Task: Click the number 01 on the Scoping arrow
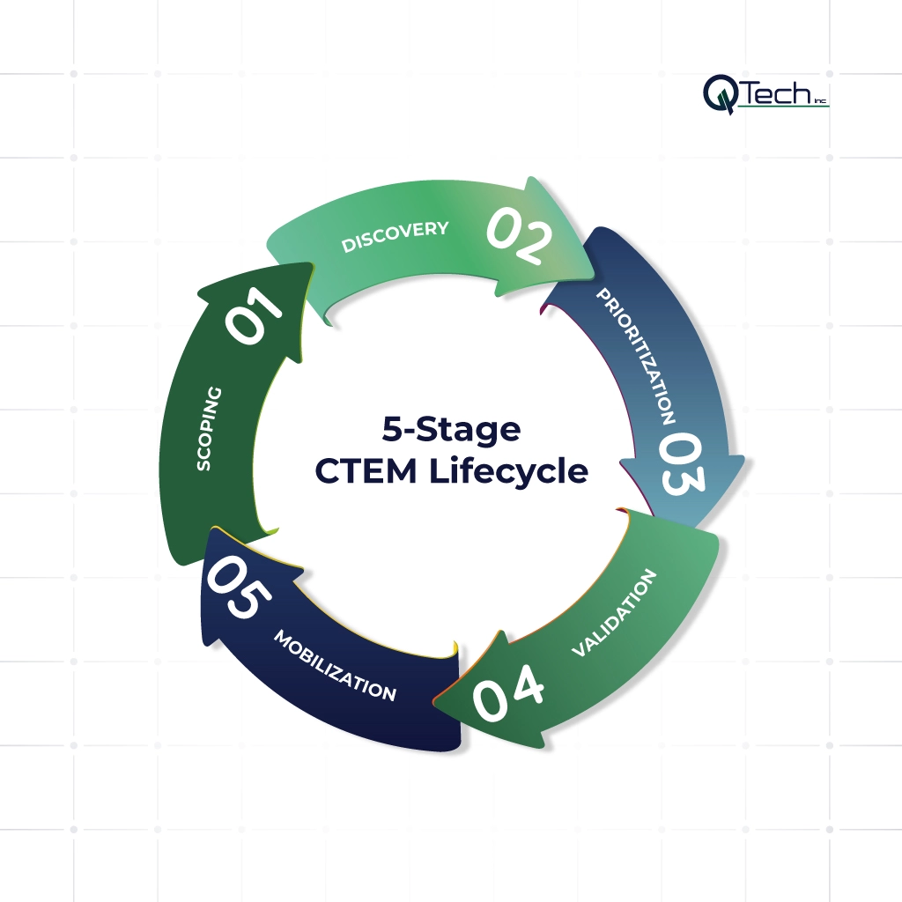pyautogui.click(x=255, y=314)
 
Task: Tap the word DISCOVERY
pyautogui.click(x=396, y=236)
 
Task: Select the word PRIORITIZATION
pyautogui.click(x=636, y=355)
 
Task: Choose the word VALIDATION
pyautogui.click(x=614, y=613)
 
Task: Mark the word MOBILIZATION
pyautogui.click(x=335, y=665)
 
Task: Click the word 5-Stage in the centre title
pyautogui.click(x=451, y=431)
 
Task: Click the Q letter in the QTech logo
pyautogui.click(x=720, y=93)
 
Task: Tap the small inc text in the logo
pyautogui.click(x=820, y=100)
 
